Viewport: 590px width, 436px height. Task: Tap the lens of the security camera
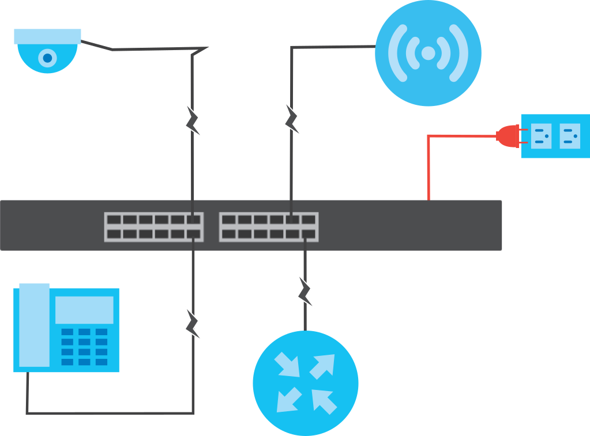point(47,58)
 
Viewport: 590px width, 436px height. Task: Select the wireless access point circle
point(428,53)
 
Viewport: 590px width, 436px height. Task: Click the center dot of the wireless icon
point(428,53)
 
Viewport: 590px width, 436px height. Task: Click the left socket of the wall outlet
point(541,136)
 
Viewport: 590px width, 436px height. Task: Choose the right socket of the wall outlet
point(570,136)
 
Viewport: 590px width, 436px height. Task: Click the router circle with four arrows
point(306,383)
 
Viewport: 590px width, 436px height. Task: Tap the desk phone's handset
point(34,325)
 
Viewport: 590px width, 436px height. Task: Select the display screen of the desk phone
point(84,310)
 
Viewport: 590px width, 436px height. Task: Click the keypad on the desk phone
point(84,347)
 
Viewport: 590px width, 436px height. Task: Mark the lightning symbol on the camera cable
point(193,120)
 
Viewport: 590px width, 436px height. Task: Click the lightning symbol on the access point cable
point(292,119)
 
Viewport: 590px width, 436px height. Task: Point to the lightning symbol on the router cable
point(306,291)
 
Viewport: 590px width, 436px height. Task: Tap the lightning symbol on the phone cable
point(193,324)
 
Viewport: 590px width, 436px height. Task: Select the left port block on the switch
point(153,227)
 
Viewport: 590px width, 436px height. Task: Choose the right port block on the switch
point(269,227)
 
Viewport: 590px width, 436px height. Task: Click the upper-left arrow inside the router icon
point(287,364)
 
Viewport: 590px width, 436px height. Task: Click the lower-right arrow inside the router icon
point(324,401)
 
